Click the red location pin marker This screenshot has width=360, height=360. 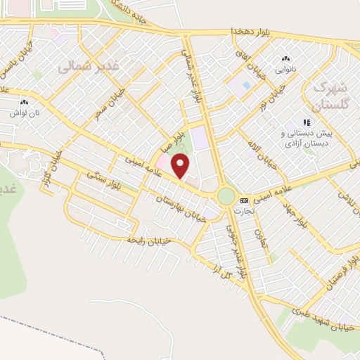point(181,166)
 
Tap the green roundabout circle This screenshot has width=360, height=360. point(226,195)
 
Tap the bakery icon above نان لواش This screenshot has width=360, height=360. point(24,101)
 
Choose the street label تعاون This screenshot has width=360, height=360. point(257,241)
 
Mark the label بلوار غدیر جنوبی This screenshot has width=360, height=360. point(236,249)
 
